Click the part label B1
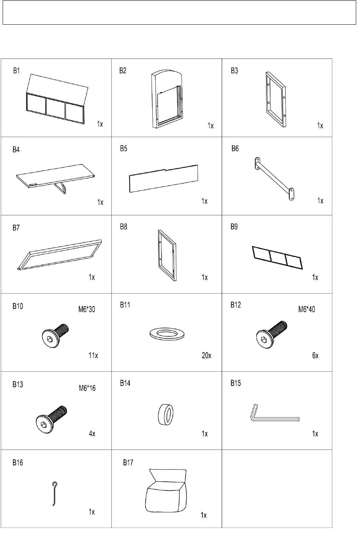(x=16, y=71)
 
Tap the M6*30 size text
(x=87, y=309)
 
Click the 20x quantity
(x=206, y=355)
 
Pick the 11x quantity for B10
(x=93, y=355)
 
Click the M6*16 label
(x=87, y=388)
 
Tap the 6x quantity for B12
(x=315, y=355)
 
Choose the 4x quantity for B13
(x=92, y=433)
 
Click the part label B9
(x=234, y=226)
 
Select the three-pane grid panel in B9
(x=277, y=258)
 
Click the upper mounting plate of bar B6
(x=257, y=163)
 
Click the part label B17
(x=128, y=462)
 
